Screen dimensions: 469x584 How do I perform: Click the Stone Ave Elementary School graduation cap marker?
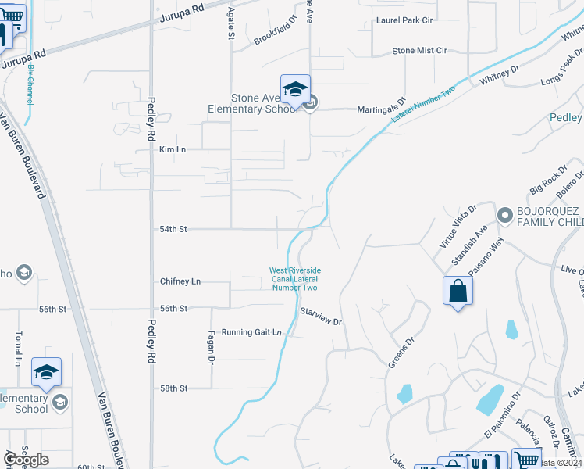(x=295, y=90)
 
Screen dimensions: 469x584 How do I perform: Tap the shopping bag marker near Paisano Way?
(x=458, y=292)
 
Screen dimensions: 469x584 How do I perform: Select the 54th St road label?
(x=173, y=230)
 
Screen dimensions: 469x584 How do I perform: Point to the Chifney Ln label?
(x=180, y=281)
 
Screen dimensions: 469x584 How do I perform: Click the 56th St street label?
(x=173, y=309)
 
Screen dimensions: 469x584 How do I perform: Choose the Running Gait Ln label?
(x=251, y=332)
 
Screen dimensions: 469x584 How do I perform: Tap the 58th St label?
(x=173, y=388)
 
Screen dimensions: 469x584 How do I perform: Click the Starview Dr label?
(x=321, y=317)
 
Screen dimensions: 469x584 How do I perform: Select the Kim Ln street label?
(x=173, y=149)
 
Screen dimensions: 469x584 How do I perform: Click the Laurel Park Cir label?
(x=405, y=20)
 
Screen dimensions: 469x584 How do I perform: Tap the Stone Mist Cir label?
(x=419, y=51)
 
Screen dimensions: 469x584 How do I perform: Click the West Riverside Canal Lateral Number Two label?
(x=295, y=279)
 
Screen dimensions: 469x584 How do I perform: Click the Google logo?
(x=26, y=460)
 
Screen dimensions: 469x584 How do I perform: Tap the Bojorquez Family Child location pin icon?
(x=504, y=214)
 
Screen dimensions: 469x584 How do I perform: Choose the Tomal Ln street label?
(x=17, y=349)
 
